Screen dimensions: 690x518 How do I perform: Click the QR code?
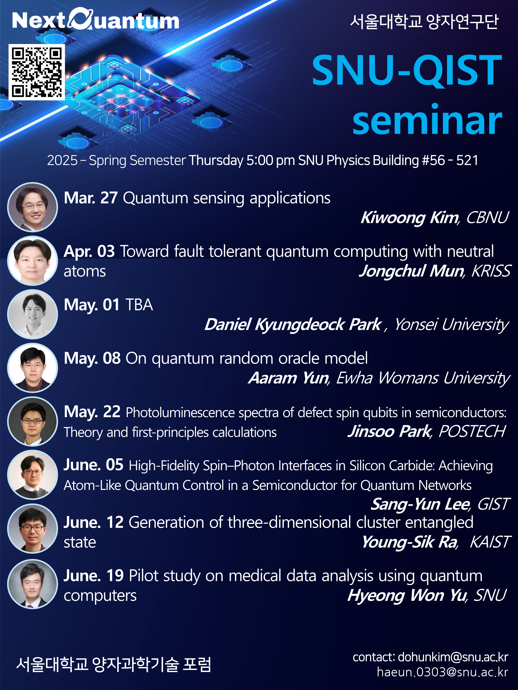(x=37, y=72)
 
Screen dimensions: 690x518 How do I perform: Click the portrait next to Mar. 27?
(x=32, y=207)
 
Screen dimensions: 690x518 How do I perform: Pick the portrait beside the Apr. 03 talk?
(x=32, y=261)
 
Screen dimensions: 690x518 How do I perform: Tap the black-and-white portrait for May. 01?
(x=32, y=314)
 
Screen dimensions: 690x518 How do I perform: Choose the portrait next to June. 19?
(x=32, y=584)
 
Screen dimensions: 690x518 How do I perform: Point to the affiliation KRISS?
(x=491, y=271)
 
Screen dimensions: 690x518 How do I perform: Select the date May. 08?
(x=92, y=358)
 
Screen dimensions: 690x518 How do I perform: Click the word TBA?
(x=139, y=305)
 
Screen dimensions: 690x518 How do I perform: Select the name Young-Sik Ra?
(x=409, y=542)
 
